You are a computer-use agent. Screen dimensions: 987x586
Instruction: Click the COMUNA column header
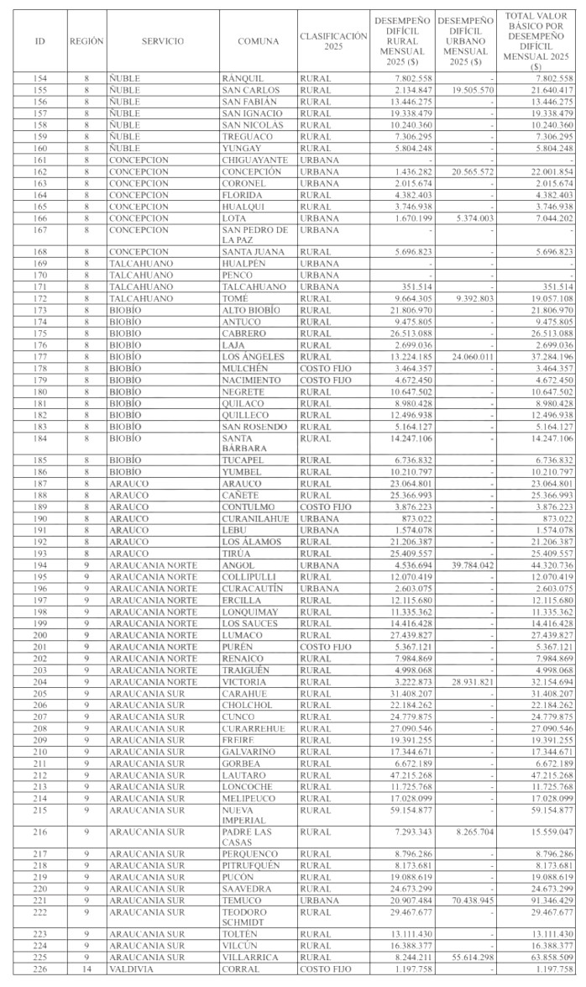(x=259, y=41)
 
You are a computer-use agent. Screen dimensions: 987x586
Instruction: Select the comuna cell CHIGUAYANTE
(x=254, y=160)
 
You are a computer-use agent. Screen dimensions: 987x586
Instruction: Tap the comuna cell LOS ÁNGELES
(x=253, y=356)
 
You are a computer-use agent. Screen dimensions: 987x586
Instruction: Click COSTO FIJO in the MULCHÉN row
(x=325, y=368)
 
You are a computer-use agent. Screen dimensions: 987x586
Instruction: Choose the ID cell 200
(x=40, y=636)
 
